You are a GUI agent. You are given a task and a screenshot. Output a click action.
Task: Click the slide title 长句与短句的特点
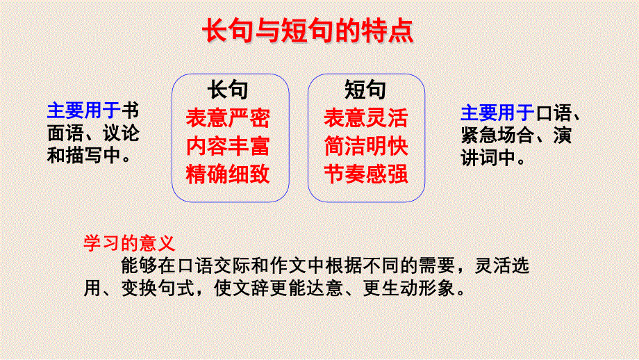coord(307,31)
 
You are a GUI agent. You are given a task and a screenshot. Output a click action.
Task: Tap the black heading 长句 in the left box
coord(227,90)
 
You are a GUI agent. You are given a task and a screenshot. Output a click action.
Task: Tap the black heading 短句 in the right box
coord(365,90)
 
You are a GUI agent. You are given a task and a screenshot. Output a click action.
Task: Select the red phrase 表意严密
coord(227,118)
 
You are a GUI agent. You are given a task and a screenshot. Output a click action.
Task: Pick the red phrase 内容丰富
coord(227,146)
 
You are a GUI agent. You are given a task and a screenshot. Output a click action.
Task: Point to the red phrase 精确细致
coord(227,174)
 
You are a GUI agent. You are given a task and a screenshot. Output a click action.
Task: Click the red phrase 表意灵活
coord(365,118)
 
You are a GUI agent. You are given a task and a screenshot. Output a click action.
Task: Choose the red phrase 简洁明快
coord(365,146)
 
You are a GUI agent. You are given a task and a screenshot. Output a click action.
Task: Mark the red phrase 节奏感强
coord(365,174)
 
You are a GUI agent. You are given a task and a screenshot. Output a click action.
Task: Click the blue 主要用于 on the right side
coord(497,113)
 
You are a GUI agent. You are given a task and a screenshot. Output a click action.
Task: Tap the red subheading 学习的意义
coord(128,243)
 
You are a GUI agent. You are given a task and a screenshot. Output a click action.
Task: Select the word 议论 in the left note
coord(121,133)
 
